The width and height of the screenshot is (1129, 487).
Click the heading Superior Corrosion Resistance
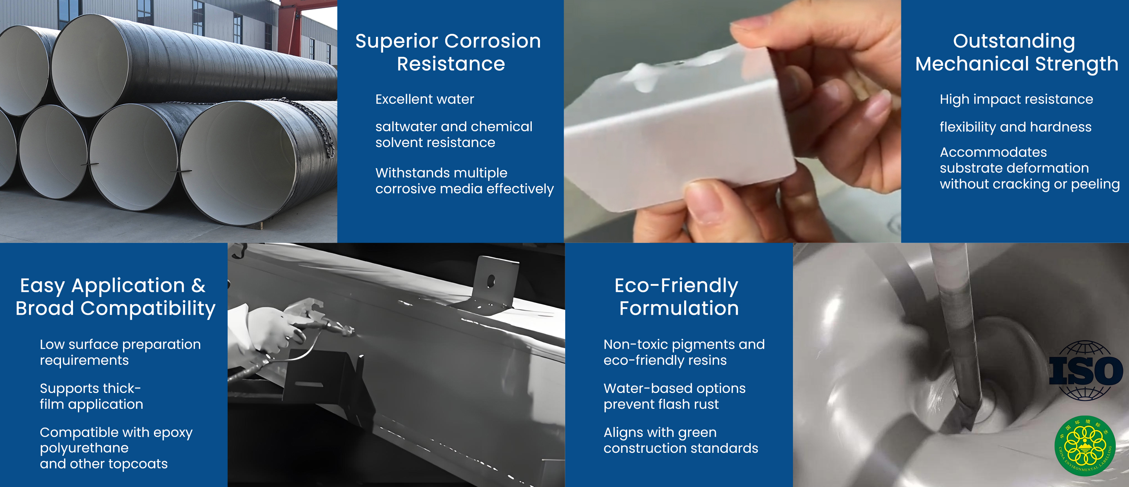tap(448, 52)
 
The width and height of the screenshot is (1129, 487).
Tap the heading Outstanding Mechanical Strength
tap(1016, 52)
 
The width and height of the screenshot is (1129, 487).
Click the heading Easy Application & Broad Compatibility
tap(115, 296)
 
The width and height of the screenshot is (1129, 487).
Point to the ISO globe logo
tap(1086, 370)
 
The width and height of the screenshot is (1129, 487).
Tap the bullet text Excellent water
tap(424, 99)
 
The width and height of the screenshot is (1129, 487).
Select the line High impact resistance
tap(1016, 99)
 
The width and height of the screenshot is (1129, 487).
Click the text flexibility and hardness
tap(1015, 127)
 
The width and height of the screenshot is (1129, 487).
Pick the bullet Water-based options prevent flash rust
tap(674, 396)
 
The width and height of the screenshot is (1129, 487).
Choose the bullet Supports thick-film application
tap(91, 396)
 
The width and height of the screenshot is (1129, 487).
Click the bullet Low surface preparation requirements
tap(120, 352)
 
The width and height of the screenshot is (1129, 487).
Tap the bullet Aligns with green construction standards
tap(681, 440)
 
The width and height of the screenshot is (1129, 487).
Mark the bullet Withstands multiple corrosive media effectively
tap(464, 181)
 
